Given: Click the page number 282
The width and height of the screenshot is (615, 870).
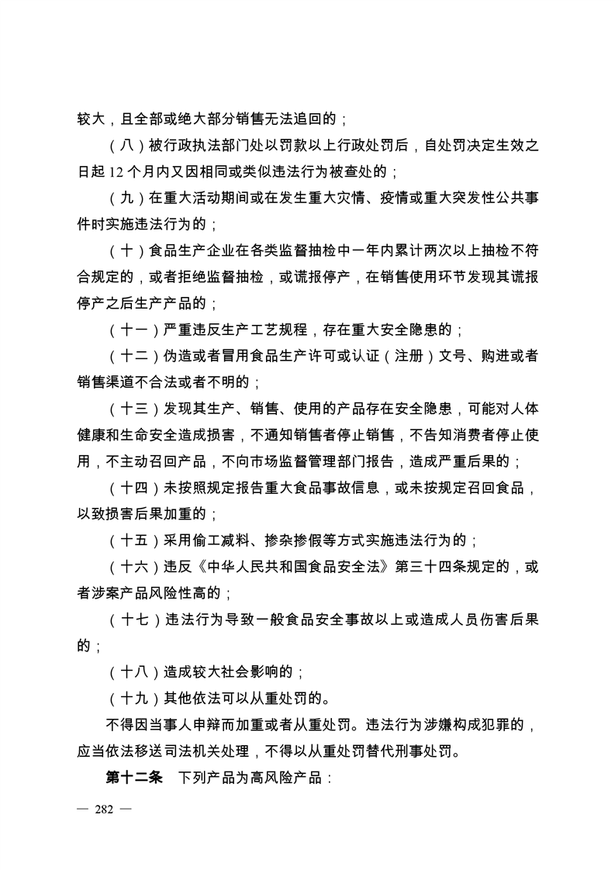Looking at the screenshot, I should [104, 810].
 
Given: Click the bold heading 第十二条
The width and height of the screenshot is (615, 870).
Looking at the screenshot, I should [134, 778].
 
